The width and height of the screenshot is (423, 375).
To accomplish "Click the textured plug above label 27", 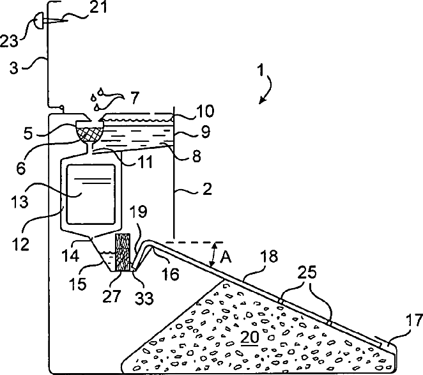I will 122,252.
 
